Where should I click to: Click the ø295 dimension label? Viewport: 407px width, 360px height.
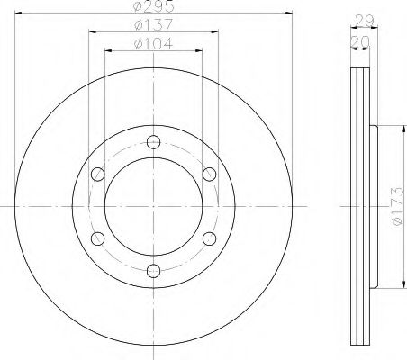[x=154, y=6]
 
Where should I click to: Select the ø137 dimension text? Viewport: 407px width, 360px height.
[x=154, y=25]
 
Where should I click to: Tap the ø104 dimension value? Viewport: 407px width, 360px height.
[x=154, y=44]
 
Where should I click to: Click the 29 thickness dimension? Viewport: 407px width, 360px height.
[x=364, y=21]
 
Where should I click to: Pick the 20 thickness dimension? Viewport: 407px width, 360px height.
[x=360, y=42]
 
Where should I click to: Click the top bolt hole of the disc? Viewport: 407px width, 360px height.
[x=153, y=142]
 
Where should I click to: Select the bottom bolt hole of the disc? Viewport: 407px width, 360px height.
[x=153, y=271]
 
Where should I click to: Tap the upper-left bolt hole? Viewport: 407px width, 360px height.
[x=97, y=175]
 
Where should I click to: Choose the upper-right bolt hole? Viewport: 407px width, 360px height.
[x=209, y=175]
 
